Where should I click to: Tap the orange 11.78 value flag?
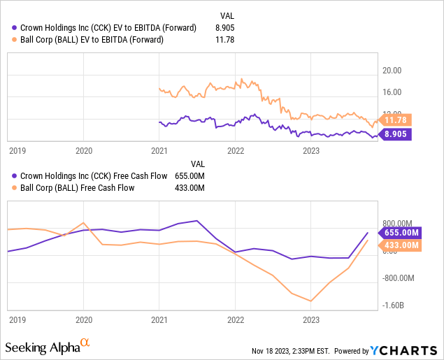[x=396, y=120]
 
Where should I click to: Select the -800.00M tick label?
[x=399, y=278]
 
